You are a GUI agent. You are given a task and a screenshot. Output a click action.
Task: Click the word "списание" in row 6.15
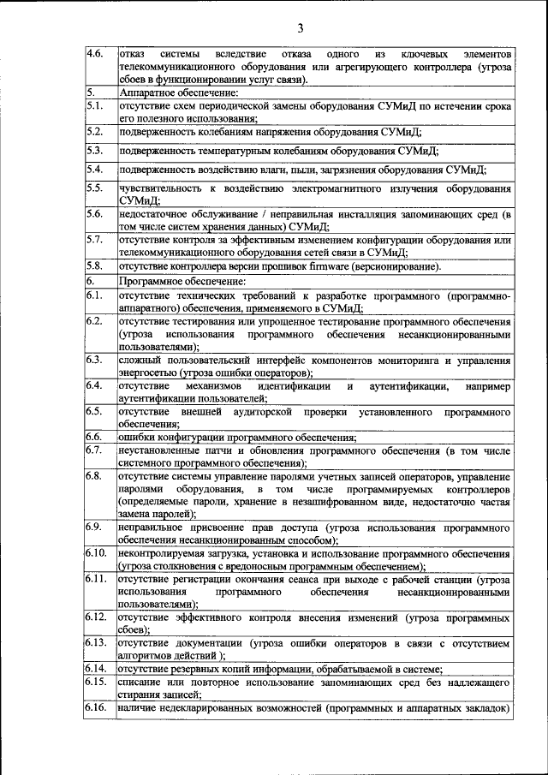tap(141, 683)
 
